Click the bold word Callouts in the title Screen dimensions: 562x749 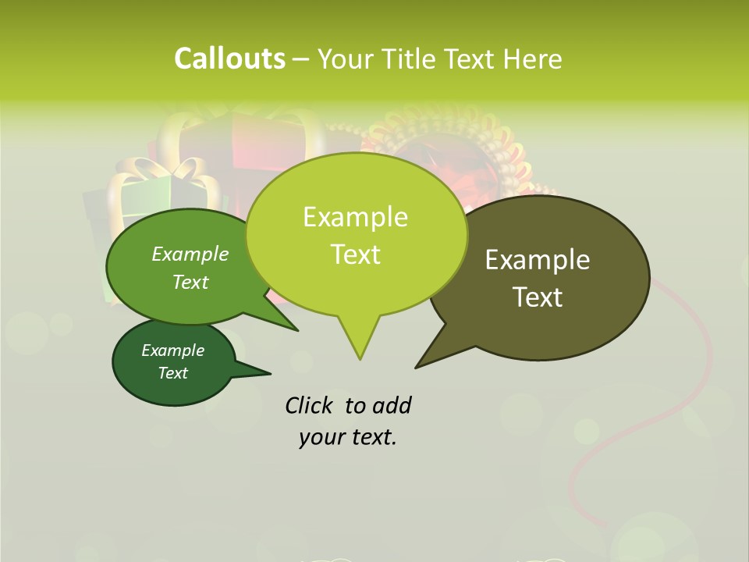(229, 59)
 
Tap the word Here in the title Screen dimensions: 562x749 (534, 59)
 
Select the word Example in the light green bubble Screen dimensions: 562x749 (355, 217)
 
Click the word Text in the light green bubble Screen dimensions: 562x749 (355, 254)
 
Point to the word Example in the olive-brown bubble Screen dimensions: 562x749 (538, 260)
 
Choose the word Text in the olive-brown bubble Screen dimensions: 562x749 (538, 297)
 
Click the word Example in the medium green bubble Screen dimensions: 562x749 (190, 254)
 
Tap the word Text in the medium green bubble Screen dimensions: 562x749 (190, 282)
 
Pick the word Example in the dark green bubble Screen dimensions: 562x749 (172, 350)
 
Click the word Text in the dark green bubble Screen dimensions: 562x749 (172, 373)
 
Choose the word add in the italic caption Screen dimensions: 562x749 (391, 405)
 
